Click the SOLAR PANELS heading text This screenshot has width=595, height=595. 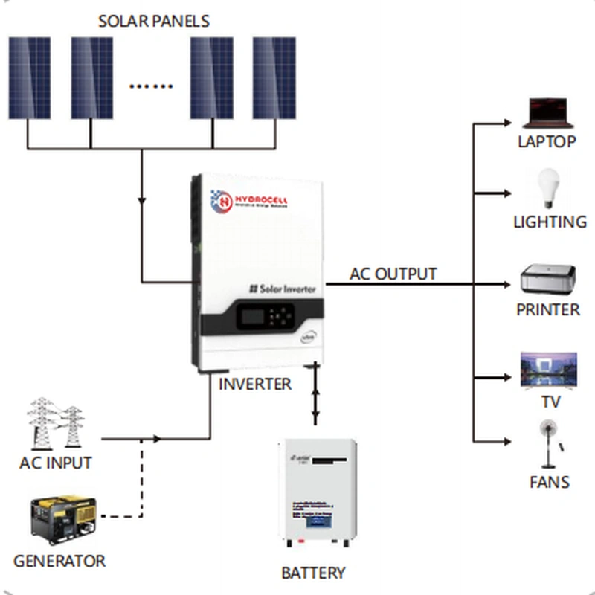154,20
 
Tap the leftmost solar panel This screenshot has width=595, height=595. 30,78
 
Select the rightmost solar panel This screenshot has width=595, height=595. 274,78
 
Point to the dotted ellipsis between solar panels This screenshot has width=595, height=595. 151,86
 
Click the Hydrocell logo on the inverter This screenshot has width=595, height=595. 250,202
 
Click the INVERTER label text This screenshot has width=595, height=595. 255,385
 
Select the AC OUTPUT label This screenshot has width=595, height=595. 393,274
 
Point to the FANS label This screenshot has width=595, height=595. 550,482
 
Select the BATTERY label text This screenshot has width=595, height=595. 313,573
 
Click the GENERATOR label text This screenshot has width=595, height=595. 59,560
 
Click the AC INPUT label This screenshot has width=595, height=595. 56,463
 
